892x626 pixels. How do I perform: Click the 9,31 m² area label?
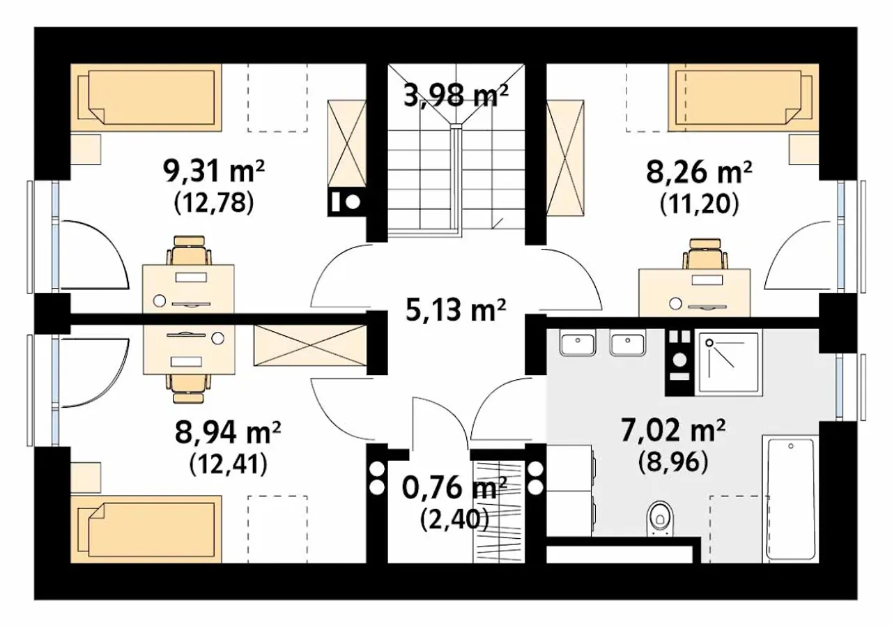coord(214,172)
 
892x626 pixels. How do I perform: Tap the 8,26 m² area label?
coord(700,172)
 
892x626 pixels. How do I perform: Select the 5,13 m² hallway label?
coord(456,310)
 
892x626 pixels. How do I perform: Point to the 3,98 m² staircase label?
coord(456,96)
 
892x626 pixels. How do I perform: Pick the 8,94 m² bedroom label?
coord(228,432)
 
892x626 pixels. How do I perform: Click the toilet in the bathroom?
coord(660,519)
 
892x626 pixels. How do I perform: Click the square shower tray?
coord(728,362)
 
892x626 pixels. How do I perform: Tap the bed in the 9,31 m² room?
coord(146,98)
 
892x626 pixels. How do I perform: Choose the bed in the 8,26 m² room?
coord(744,98)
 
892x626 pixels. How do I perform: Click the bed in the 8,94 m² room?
coord(146,529)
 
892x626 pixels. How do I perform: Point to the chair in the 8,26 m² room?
coord(705,253)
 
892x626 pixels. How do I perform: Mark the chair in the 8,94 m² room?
coord(189,389)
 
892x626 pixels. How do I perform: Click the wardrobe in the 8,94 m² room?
coord(310,345)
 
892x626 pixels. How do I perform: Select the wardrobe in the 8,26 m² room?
coord(565,158)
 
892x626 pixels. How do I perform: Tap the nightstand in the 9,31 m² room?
coord(86,149)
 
